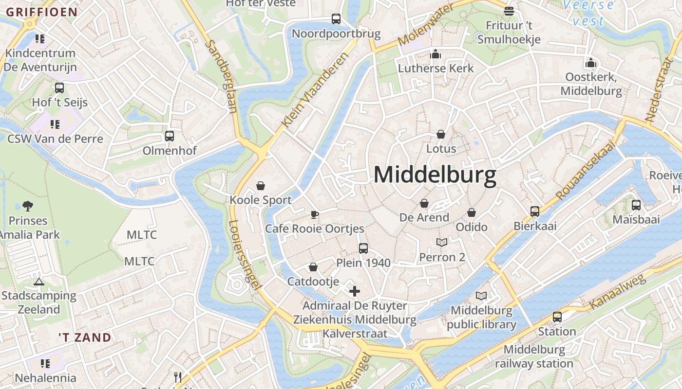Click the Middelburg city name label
pyautogui.click(x=435, y=175)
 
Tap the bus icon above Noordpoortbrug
pyautogui.click(x=336, y=19)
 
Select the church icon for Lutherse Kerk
pyautogui.click(x=436, y=54)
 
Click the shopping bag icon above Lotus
pyautogui.click(x=441, y=134)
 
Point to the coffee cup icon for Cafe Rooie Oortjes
pyautogui.click(x=315, y=214)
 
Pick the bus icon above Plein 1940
pyautogui.click(x=363, y=248)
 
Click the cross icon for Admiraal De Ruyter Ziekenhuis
pyautogui.click(x=355, y=291)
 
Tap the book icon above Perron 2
pyautogui.click(x=442, y=242)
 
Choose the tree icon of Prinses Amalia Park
pyautogui.click(x=28, y=206)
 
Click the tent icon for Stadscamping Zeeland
pyautogui.click(x=38, y=281)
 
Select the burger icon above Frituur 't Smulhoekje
pyautogui.click(x=509, y=10)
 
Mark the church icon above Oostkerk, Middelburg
pyautogui.click(x=591, y=63)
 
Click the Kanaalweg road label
pyautogui.click(x=617, y=292)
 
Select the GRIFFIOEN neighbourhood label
pyautogui.click(x=41, y=12)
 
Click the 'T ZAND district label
pyautogui.click(x=85, y=337)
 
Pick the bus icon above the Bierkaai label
pyautogui.click(x=535, y=212)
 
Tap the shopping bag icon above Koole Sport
pyautogui.click(x=261, y=186)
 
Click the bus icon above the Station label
pyautogui.click(x=557, y=317)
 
